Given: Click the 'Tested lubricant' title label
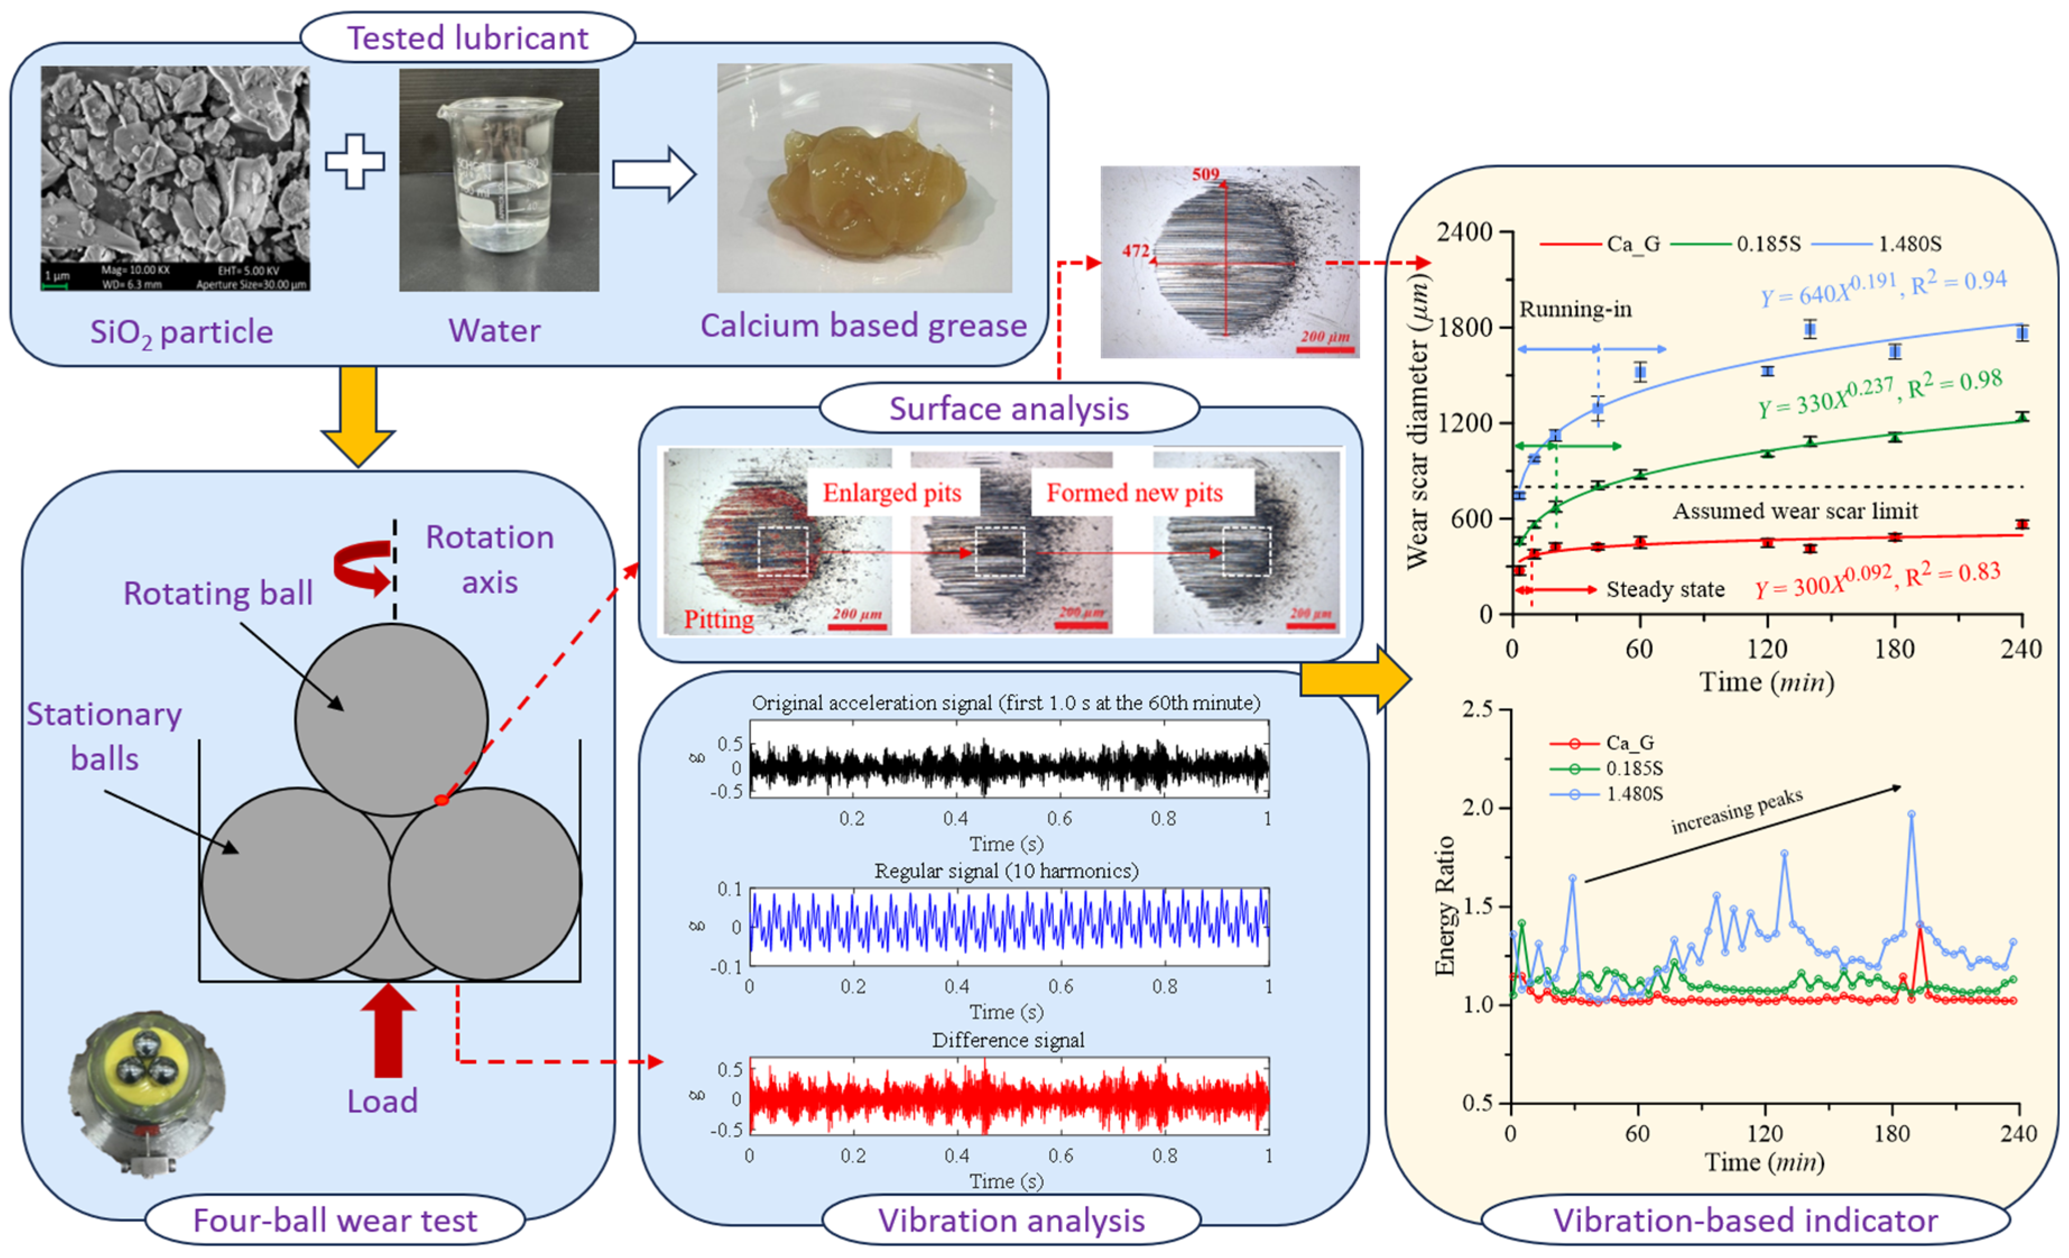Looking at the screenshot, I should pos(467,38).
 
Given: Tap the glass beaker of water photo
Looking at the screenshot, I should pos(499,180).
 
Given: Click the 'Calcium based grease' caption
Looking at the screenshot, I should pos(863,325).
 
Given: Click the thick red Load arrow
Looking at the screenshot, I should pos(388,1031).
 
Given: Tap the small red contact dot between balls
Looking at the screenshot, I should pos(442,800).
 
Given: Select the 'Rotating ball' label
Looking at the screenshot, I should pos(217,593).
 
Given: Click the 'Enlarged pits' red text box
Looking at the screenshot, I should pos(892,493).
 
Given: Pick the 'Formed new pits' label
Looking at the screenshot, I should pos(1133,493).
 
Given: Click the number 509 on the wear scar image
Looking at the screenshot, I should pos(1205,175).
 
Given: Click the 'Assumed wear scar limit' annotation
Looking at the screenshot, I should pos(1794,511).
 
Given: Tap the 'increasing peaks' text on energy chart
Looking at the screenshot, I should pos(1737,812).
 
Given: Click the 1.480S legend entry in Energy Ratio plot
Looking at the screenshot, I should pos(1633,794).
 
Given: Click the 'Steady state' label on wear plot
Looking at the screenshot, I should pos(1665,590).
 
